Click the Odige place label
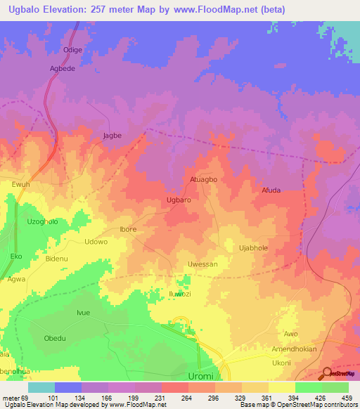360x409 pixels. [73, 50]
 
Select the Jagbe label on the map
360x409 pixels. [112, 136]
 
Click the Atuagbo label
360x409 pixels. [204, 179]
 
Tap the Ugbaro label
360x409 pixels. [179, 200]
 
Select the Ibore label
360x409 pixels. [128, 229]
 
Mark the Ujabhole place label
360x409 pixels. [254, 248]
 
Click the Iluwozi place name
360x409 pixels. [180, 294]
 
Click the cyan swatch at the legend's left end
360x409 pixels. [41, 387]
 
